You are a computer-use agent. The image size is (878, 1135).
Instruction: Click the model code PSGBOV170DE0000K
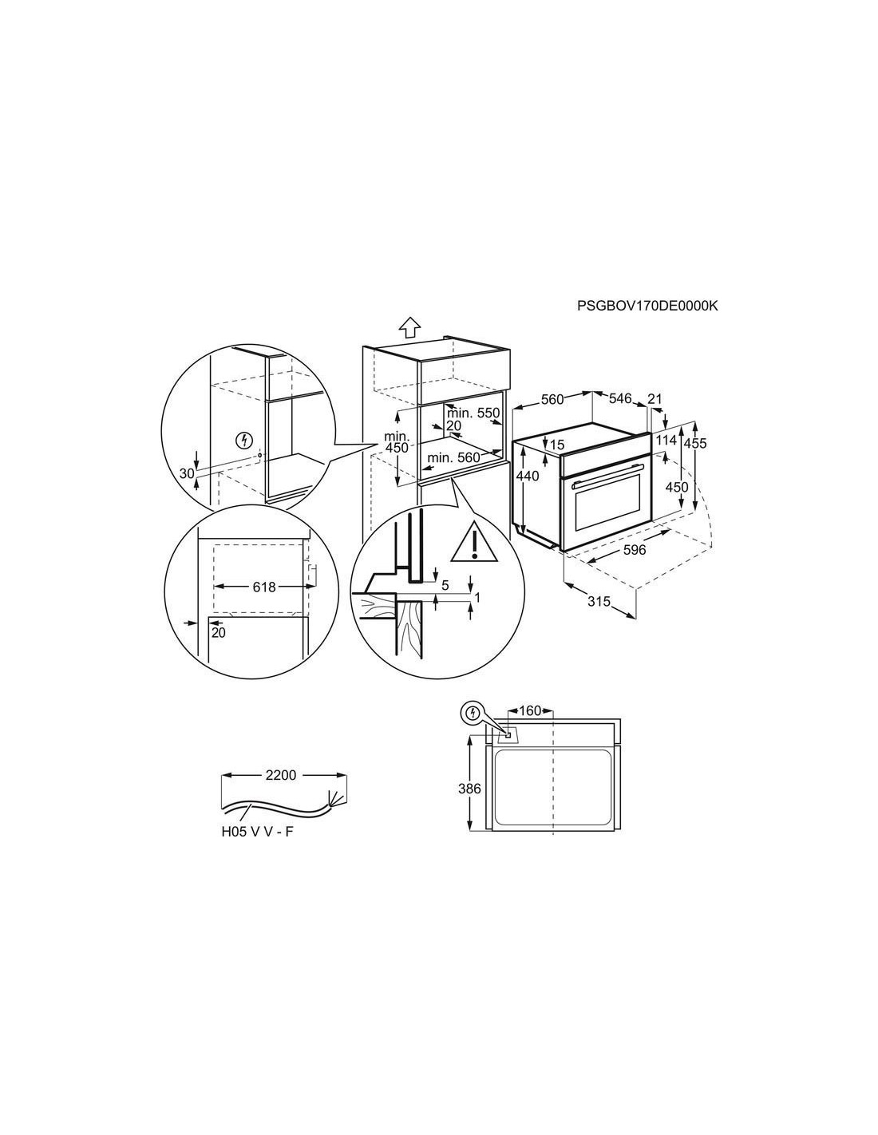647,306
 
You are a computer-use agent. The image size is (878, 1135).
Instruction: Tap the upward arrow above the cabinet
409,329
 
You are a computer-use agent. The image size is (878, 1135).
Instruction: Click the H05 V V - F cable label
257,832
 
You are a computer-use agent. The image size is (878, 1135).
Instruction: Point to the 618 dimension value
263,587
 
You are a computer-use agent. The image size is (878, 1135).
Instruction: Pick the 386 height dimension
469,789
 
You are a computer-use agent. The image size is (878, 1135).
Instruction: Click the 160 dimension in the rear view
530,711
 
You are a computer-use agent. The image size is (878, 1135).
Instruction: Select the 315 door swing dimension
599,601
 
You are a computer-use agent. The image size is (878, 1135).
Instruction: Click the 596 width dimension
635,549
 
